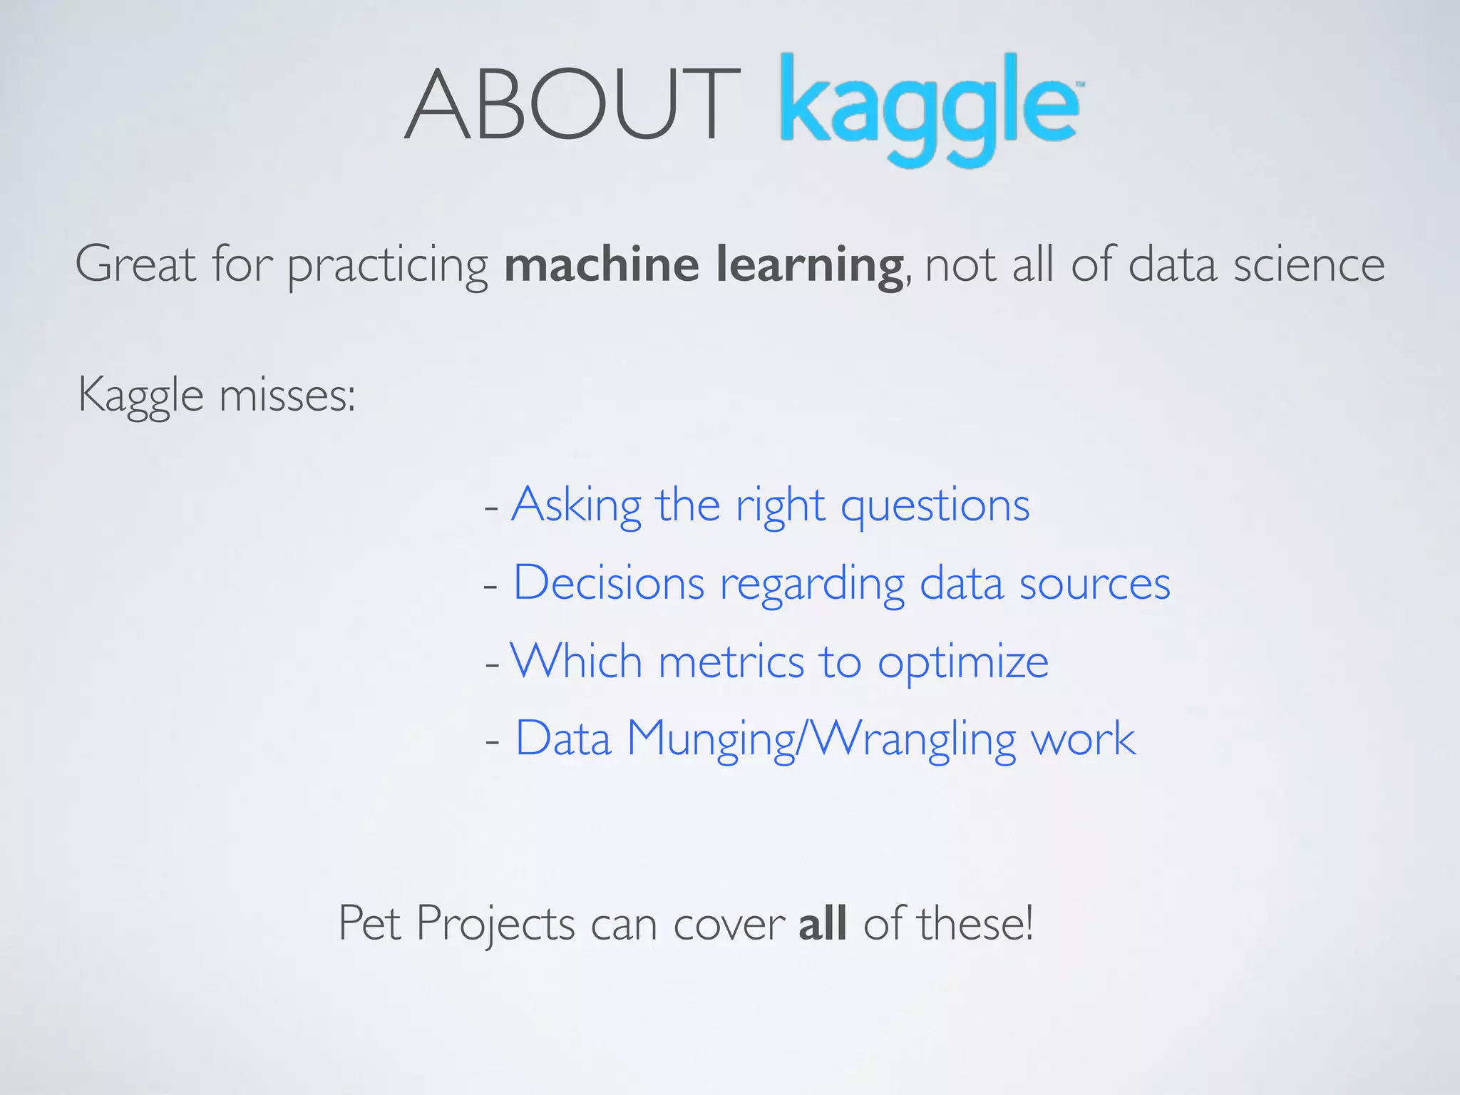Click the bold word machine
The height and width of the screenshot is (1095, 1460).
coord(602,264)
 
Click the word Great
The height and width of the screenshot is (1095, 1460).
coord(135,264)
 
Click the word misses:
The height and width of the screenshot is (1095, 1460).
coord(287,395)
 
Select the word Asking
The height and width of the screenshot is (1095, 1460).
coord(576,506)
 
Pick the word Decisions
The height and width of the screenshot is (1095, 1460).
coord(609,583)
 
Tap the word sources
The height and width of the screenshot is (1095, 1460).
coord(1094,583)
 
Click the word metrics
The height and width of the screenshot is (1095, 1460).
coord(731,662)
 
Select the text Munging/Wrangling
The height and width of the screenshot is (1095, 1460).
coord(821,739)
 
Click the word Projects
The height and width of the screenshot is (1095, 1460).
coord(495,925)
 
